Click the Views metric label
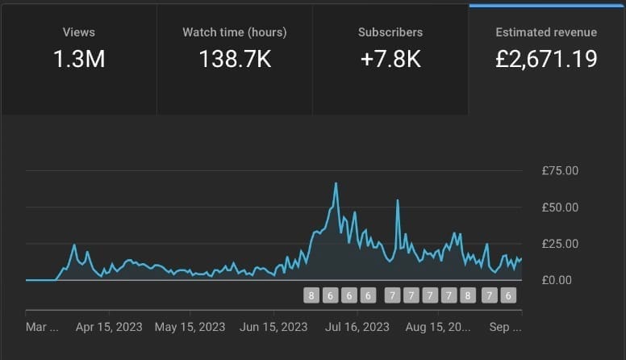pos(79,32)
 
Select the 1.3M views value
pos(79,59)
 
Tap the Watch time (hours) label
pos(235,32)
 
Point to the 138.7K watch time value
pos(235,59)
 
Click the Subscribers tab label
pos(390,32)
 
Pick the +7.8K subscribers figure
pos(390,59)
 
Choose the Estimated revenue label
pos(547,32)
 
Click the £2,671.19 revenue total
pos(547,59)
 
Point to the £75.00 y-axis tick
pos(561,170)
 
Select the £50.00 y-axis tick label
pos(561,207)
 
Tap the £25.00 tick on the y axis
pos(561,243)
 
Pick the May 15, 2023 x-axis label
pos(190,327)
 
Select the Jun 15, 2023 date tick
pos(273,327)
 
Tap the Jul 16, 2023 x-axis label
pos(357,327)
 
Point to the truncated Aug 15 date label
pos(437,327)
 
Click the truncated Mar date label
pos(43,327)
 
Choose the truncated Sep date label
pos(506,327)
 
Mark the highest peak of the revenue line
pos(336,184)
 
